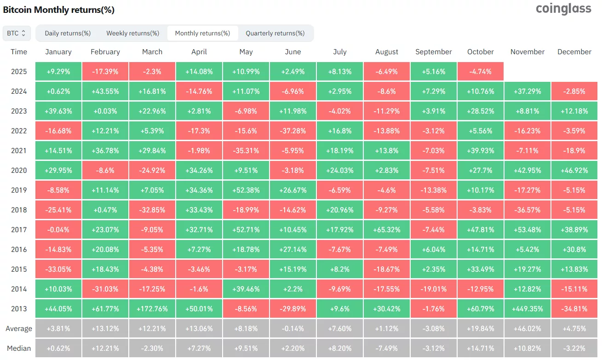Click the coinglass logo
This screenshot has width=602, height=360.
click(563, 9)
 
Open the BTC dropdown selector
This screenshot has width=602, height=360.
click(17, 33)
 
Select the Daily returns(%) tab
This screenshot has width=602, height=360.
click(68, 33)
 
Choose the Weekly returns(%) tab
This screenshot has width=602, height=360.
click(132, 33)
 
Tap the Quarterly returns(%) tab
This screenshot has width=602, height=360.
click(275, 33)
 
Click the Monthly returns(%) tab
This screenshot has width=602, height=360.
click(202, 33)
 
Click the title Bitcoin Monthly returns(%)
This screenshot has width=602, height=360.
click(59, 10)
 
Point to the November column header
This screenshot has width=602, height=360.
click(527, 52)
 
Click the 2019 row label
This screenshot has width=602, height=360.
click(19, 190)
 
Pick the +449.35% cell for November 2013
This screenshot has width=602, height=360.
click(527, 309)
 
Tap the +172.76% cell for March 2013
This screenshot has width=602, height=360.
click(152, 309)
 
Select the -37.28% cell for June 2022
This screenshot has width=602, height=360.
click(293, 131)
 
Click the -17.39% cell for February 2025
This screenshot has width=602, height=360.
click(105, 72)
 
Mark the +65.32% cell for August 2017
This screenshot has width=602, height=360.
click(387, 229)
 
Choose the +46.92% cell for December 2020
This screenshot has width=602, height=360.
click(574, 170)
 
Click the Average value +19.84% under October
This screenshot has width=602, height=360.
click(480, 328)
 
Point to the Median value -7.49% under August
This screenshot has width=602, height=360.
click(387, 348)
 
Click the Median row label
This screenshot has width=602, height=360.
click(19, 348)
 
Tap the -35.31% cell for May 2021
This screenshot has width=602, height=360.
click(246, 150)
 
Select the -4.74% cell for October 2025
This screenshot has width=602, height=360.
click(480, 72)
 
